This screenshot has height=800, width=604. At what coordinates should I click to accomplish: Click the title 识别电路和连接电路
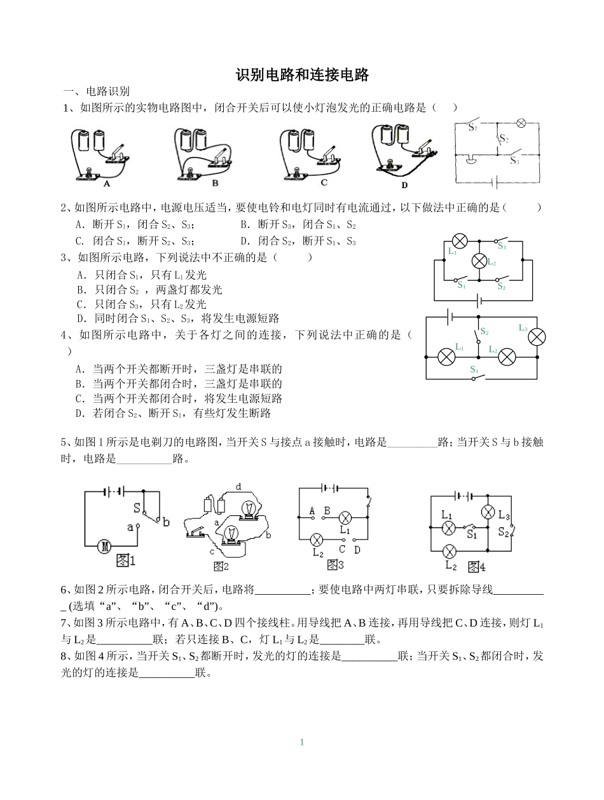coord(302,75)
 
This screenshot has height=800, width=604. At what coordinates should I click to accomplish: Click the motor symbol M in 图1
coord(104,545)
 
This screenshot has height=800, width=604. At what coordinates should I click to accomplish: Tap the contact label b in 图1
coord(167,522)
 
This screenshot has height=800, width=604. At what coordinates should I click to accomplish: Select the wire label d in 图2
coord(238,487)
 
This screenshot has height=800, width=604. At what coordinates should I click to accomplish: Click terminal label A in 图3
coord(312,510)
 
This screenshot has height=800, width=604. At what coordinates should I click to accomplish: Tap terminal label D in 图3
coord(357,550)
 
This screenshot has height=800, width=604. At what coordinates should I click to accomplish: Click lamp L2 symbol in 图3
coord(316,539)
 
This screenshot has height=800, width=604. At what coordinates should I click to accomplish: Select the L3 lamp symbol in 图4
coord(488,512)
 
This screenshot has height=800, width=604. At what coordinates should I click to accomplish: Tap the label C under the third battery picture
coord(324,182)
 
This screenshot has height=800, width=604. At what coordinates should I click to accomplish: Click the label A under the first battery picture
coord(107,183)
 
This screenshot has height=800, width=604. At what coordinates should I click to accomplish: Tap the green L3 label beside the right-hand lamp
coord(523,328)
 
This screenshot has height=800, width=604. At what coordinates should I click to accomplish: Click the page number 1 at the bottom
coord(302,742)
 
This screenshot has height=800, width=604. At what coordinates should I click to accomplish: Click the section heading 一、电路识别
coord(95,92)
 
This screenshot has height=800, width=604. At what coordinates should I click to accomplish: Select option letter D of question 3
coord(81,319)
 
